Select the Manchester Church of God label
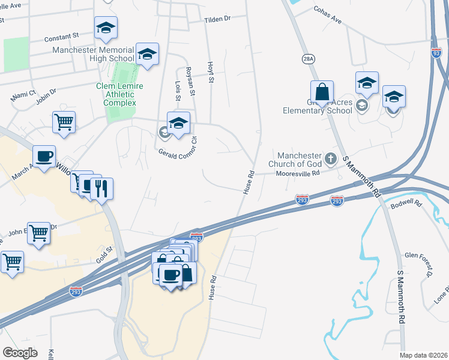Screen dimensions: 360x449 299,160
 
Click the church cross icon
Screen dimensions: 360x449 330,159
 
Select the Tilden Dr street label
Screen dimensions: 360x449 217,19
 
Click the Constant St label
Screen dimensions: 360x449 61,37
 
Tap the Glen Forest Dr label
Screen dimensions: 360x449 418,264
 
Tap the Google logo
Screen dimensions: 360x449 20,352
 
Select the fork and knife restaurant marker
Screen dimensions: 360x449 101,188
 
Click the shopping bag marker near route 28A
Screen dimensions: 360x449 322,92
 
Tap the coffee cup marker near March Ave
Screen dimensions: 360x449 44,157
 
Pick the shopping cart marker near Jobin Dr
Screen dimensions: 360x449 64,122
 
